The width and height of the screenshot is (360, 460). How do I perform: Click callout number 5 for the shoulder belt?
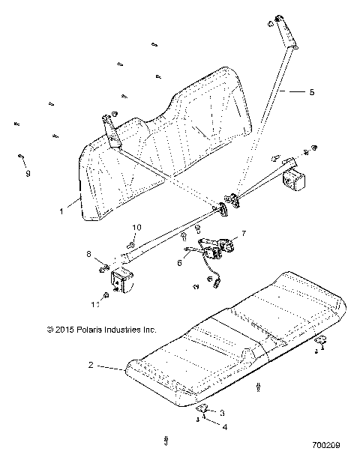(312, 91)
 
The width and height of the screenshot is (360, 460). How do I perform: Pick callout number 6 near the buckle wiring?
(179, 263)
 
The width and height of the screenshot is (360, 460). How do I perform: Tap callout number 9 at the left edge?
(28, 173)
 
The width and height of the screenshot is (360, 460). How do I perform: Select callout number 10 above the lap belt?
(136, 227)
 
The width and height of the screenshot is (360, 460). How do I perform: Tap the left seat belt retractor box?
(122, 283)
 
